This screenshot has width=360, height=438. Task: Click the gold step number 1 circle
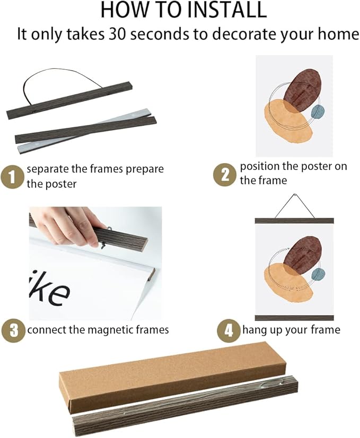tap(12, 177)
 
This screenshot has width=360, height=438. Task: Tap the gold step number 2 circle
tap(224, 175)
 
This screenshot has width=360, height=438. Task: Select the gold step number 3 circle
tap(13, 330)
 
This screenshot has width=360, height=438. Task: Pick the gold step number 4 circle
tap(229, 330)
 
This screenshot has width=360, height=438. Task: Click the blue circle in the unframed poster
tap(318, 112)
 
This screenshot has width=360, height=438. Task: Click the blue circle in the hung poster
tap(318, 274)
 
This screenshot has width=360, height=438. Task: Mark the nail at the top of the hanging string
tap(294, 195)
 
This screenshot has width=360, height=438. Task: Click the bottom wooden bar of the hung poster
tap(294, 318)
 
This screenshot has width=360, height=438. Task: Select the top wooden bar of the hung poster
tap(294, 221)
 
